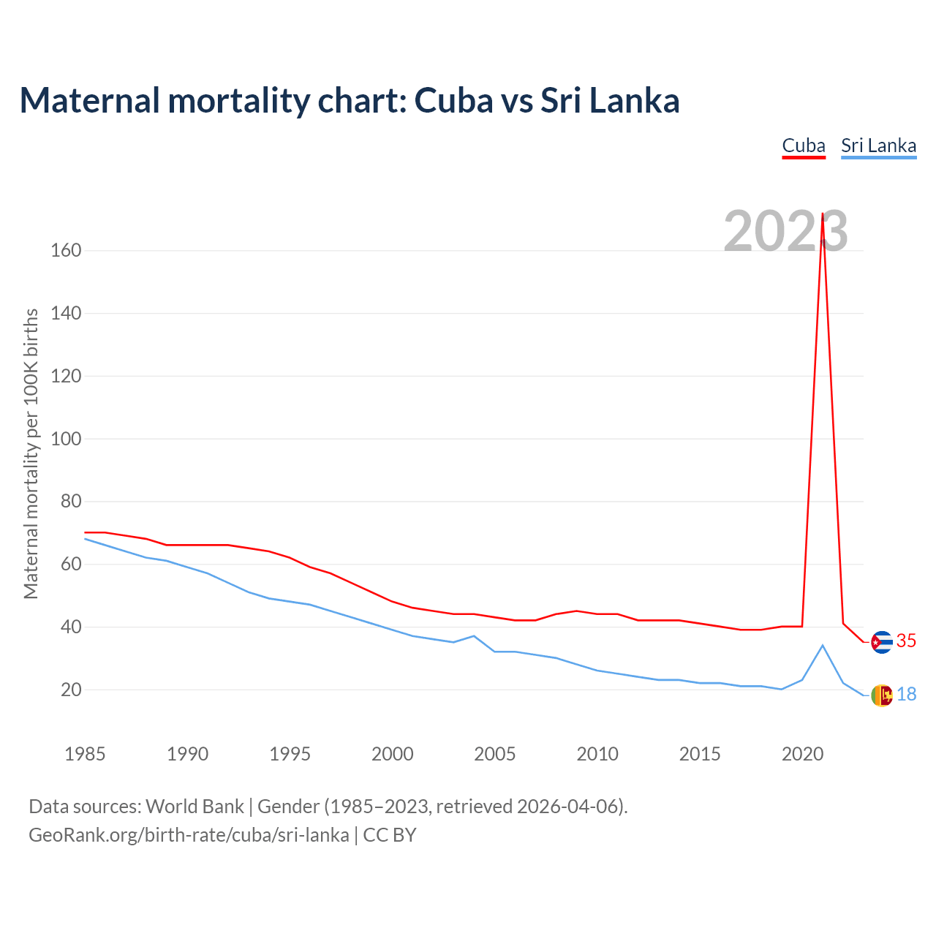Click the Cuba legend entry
coord(804,146)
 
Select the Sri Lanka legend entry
coord(878,146)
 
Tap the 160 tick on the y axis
coord(66,251)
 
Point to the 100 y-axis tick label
coord(66,439)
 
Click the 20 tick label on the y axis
coord(71,690)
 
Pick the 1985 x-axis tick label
coord(85,754)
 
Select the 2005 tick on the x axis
coord(495,754)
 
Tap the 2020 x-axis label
coord(802,754)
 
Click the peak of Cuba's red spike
coord(823,214)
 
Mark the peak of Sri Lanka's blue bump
coord(823,645)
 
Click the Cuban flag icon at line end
coord(882,642)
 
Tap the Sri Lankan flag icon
coord(882,695)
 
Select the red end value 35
coord(906,641)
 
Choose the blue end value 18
coord(906,695)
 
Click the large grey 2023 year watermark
coord(785,231)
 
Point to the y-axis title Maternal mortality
coord(31,453)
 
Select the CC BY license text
coord(390,835)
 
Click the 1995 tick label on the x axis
coord(290,754)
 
